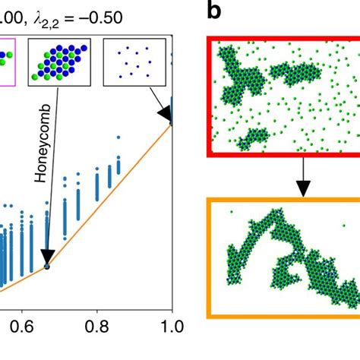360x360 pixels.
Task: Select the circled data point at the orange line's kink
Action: (47, 266)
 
